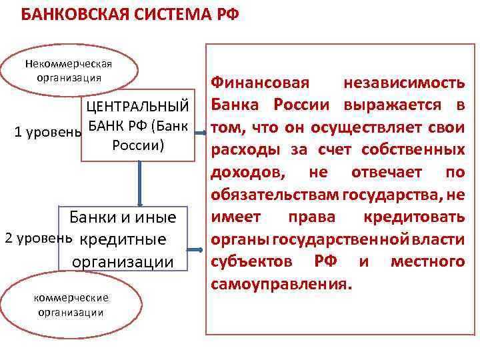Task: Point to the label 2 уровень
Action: point(39,238)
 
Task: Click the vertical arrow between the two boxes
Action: point(140,182)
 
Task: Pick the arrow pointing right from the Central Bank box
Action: point(200,131)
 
